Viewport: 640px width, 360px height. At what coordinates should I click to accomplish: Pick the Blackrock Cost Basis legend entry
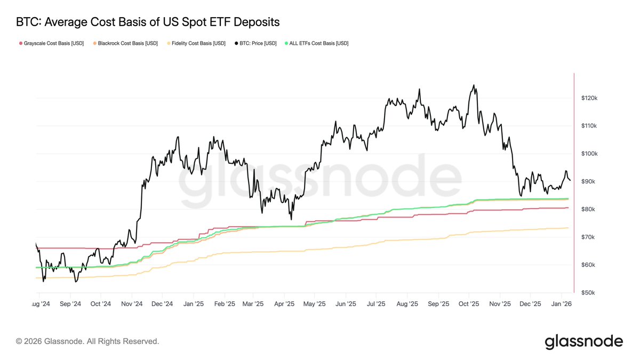click(x=125, y=43)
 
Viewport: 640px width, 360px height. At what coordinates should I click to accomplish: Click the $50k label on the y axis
click(x=588, y=293)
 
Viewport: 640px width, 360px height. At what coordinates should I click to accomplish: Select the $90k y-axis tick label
click(x=588, y=181)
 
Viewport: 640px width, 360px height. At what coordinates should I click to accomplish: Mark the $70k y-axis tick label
click(x=588, y=237)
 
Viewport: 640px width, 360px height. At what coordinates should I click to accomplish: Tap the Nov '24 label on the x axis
click(x=132, y=304)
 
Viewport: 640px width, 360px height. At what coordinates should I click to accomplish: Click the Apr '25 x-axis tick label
click(x=284, y=304)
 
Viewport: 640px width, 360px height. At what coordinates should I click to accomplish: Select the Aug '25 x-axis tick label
click(x=407, y=304)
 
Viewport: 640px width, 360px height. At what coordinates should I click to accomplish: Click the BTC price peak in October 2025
click(x=473, y=85)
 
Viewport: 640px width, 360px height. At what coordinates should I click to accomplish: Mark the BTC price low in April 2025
click(x=291, y=219)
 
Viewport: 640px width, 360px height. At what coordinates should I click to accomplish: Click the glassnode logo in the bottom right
click(x=583, y=341)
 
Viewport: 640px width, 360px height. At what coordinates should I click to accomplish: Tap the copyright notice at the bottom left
click(x=87, y=341)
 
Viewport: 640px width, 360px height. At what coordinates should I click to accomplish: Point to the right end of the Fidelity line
click(x=568, y=228)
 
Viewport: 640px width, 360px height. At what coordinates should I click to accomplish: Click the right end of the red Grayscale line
click(x=568, y=208)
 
